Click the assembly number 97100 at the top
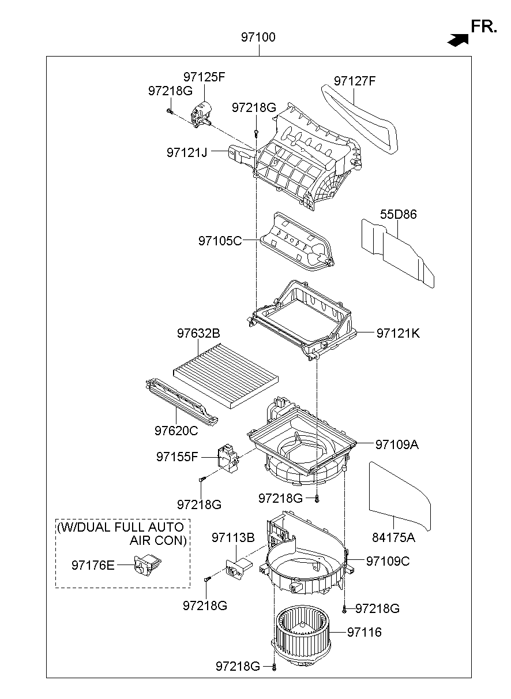(258, 38)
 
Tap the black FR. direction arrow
(457, 40)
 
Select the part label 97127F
(355, 81)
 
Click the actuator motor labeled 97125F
(202, 113)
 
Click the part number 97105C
(220, 241)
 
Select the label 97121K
(398, 333)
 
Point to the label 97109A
(397, 444)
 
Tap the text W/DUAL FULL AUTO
(121, 527)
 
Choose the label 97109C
(388, 561)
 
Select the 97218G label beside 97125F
(170, 91)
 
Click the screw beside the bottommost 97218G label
(275, 667)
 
